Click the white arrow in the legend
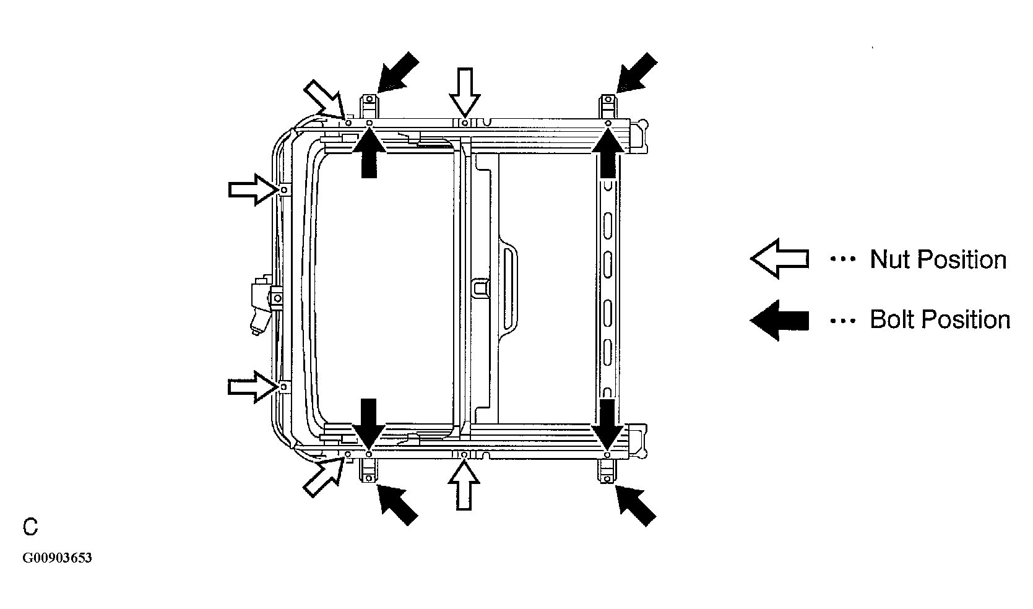click(x=779, y=259)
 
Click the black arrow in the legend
click(x=779, y=321)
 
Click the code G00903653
click(x=57, y=558)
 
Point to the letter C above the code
click(x=30, y=527)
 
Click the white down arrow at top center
click(x=465, y=92)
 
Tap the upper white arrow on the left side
click(x=254, y=189)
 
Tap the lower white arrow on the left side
click(x=253, y=387)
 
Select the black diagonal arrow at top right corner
click(x=636, y=72)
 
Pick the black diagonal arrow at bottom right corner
click(x=636, y=506)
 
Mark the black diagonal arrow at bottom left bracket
click(x=397, y=505)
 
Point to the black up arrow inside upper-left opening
click(x=369, y=153)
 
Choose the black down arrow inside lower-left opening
click(x=369, y=424)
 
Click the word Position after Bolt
click(x=963, y=319)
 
